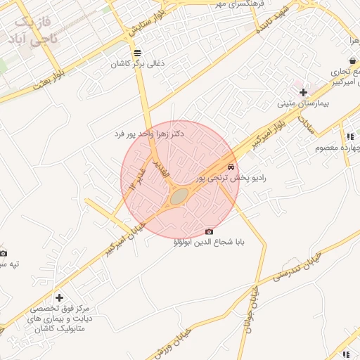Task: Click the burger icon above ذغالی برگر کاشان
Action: tap(136, 52)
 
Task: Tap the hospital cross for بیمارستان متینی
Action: tap(303, 92)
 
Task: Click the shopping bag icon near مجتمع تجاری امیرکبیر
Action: tap(351, 62)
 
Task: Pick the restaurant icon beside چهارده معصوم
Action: tap(349, 136)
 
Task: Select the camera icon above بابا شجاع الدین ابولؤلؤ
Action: tap(209, 232)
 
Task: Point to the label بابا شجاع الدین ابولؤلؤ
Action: tap(209, 243)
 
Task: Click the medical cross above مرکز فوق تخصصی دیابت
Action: tap(59, 298)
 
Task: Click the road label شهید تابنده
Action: tap(271, 22)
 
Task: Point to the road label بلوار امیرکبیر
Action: tap(271, 131)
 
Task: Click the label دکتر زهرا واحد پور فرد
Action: tap(153, 134)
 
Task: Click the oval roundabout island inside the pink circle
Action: tap(179, 195)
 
